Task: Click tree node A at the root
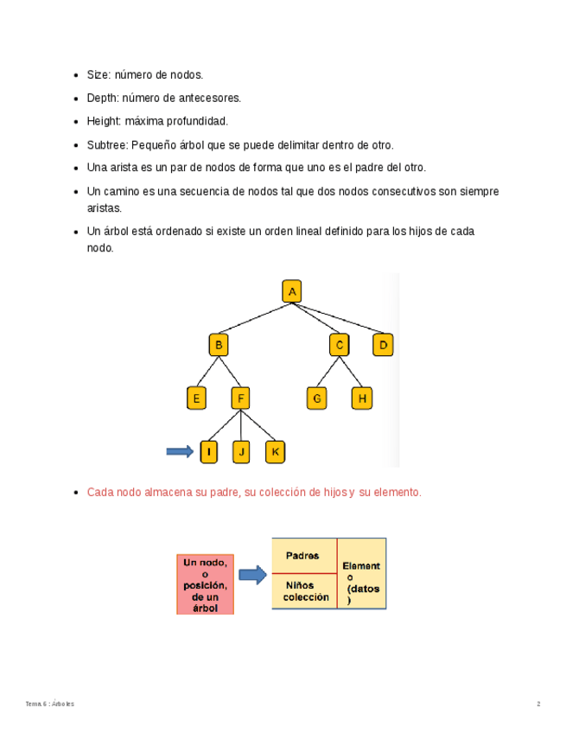[292, 292]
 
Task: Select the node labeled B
[219, 346]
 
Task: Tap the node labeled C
[340, 346]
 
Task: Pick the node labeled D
[384, 346]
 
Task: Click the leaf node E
[196, 398]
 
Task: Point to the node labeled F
[241, 398]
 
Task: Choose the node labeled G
[317, 398]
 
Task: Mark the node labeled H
[362, 398]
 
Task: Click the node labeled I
[208, 451]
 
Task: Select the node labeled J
[242, 451]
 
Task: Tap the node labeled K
[275, 451]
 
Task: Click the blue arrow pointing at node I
[179, 451]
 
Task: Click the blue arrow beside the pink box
[252, 575]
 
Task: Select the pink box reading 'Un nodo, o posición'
[205, 584]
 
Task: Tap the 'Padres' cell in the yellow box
[302, 556]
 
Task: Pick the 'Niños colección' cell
[302, 591]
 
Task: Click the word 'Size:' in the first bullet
[99, 76]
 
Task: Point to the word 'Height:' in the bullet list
[105, 122]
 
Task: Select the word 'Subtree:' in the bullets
[108, 145]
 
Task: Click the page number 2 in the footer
[538, 704]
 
